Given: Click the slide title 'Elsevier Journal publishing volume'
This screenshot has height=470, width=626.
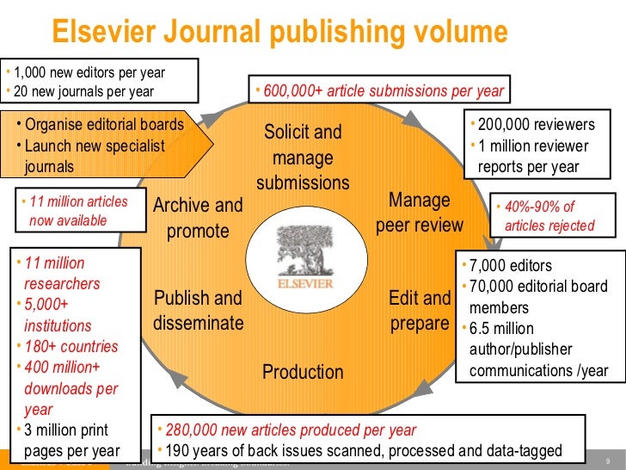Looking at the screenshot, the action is point(280,33).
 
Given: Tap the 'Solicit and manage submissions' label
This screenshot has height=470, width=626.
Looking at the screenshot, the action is point(303,158).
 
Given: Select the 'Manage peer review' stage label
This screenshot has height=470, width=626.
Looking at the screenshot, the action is point(420,213).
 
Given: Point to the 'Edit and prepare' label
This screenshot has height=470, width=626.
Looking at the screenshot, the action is point(420,311).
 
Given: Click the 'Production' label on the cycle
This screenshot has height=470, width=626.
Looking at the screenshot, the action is point(303,372).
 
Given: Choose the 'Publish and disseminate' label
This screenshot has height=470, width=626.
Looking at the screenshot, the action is point(198,311).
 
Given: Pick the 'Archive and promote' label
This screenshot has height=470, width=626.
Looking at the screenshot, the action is point(198,218).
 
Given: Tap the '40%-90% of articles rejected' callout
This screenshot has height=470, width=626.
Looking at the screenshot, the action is point(549,216).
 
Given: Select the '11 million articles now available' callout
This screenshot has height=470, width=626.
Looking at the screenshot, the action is point(78,211).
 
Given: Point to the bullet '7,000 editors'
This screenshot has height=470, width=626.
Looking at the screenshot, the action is point(515,266).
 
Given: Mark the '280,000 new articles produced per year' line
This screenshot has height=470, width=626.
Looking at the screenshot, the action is point(292,430).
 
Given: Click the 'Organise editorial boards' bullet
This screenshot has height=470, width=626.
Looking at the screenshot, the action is point(104,124).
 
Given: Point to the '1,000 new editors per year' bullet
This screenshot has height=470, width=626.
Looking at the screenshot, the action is point(89,72).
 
